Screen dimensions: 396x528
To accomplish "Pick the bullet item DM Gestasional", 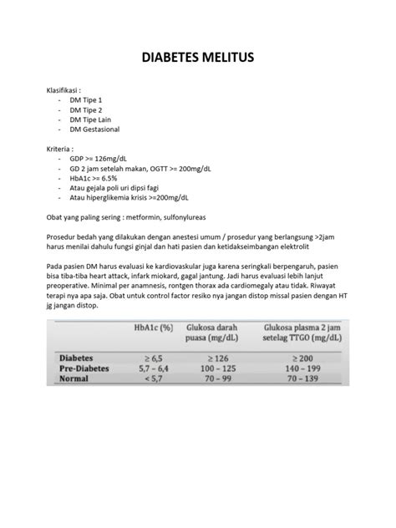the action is point(95,129).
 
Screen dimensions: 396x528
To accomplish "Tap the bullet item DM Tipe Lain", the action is point(90,119).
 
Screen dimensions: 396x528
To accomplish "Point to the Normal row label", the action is point(74,378).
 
